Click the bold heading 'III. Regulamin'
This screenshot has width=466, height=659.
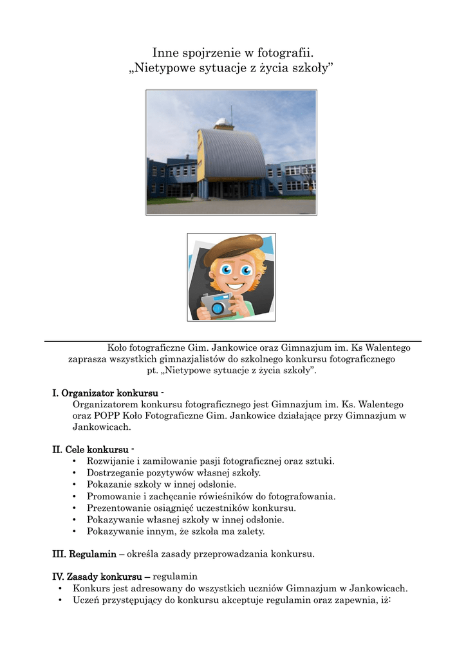[84, 553]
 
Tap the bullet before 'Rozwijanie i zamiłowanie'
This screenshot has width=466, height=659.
[75, 461]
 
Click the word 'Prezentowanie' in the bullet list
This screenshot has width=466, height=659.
[117, 508]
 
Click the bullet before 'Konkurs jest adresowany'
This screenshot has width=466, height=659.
[60, 588]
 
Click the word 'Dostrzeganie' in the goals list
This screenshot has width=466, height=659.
[115, 473]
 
